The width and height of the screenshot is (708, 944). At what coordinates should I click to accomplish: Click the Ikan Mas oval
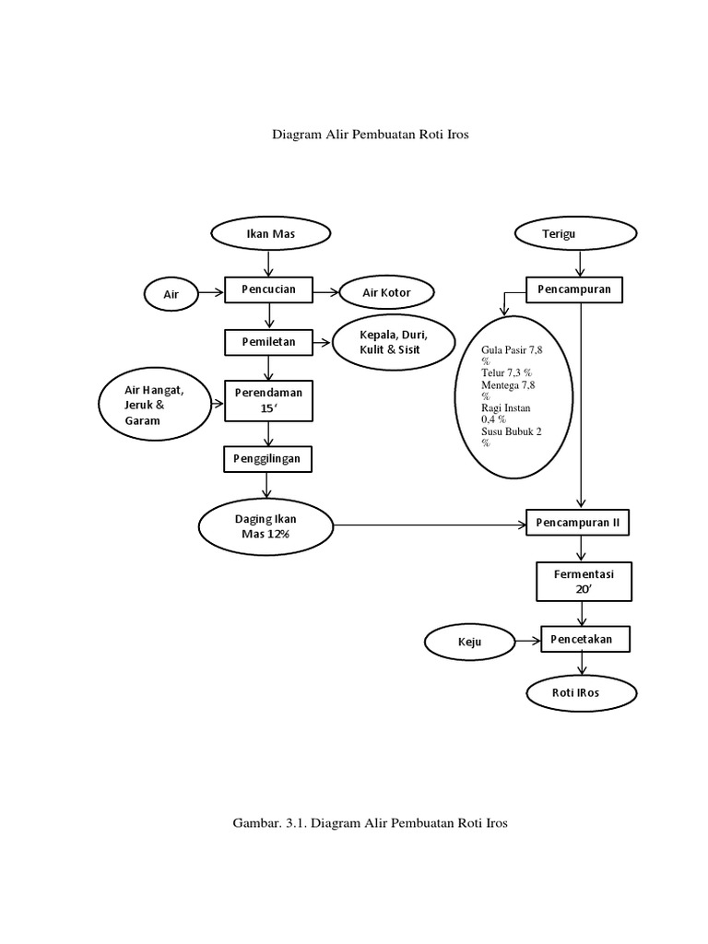click(268, 234)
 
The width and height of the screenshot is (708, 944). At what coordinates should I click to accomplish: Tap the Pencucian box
click(268, 290)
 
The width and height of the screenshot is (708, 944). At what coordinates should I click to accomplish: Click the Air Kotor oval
click(386, 294)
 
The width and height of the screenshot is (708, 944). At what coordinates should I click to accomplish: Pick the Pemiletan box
click(268, 342)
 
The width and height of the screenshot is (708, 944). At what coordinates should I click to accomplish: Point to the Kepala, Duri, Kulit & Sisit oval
click(394, 343)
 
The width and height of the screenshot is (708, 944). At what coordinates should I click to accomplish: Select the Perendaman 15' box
click(268, 399)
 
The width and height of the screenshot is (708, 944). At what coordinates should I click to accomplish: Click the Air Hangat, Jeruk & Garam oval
click(155, 406)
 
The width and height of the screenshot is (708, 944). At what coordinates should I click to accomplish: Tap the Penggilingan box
click(268, 458)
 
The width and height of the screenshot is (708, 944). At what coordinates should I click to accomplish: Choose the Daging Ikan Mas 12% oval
click(267, 526)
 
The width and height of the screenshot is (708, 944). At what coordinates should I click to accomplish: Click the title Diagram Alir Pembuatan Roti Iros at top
click(371, 135)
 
